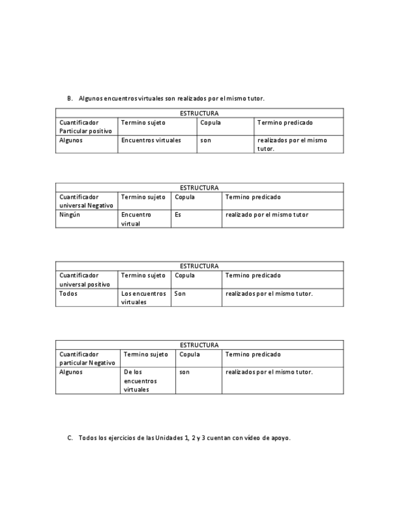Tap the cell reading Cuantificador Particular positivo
tap(86, 127)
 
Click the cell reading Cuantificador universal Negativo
tap(86, 201)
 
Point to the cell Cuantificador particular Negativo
tap(87, 358)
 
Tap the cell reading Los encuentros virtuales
tap(143, 298)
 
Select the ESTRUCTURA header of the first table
tap(199, 113)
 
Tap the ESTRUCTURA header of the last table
tap(199, 345)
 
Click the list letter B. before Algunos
tap(70, 98)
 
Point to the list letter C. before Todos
tap(70, 438)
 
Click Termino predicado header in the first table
tap(285, 123)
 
